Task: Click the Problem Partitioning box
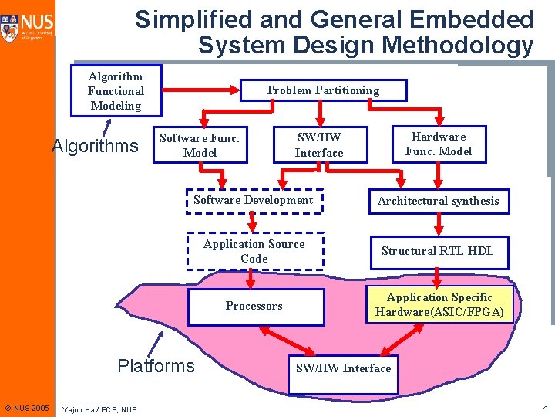coord(323,90)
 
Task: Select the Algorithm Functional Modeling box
coord(116,91)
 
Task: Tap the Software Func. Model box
coord(200,145)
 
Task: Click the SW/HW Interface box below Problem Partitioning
coord(319,145)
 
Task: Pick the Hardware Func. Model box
coord(439,144)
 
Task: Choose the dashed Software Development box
coord(254,200)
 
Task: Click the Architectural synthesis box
coord(439,201)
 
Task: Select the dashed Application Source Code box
coord(254,251)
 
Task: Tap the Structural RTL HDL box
coord(438,251)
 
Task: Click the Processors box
coord(254,306)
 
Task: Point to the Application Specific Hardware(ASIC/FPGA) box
coord(439,305)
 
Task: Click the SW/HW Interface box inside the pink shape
coord(344,368)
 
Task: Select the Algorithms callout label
coord(95,146)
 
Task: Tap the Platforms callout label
coord(156,365)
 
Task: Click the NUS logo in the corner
coord(28,27)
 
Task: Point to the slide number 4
coord(545,407)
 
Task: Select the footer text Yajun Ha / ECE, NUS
coord(99,409)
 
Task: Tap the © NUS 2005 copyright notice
coord(27,408)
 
